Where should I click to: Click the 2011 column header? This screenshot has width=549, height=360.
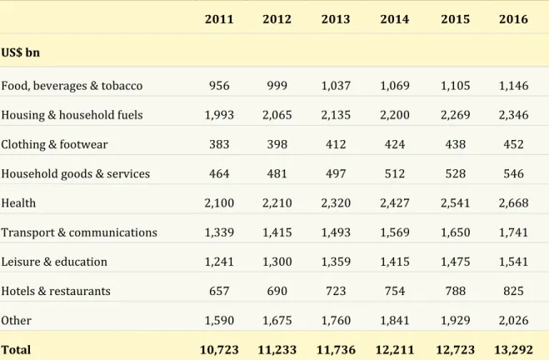click(x=219, y=19)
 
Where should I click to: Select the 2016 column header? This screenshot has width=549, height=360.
click(x=513, y=19)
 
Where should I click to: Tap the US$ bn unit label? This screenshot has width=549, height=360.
click(x=20, y=52)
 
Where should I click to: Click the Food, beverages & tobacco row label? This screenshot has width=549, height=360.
click(x=72, y=86)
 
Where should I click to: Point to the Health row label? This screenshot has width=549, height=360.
click(x=18, y=203)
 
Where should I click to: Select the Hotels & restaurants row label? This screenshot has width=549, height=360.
click(x=56, y=291)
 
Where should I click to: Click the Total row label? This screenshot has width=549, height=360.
click(x=16, y=350)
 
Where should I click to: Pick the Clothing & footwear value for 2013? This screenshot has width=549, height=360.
click(x=336, y=144)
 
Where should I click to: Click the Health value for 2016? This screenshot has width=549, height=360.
click(x=513, y=203)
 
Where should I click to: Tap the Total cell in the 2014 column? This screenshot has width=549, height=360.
click(x=395, y=350)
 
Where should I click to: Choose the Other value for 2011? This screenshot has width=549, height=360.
click(x=219, y=321)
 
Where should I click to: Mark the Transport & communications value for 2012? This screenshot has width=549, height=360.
click(x=277, y=232)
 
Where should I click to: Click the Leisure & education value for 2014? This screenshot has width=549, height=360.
click(x=395, y=262)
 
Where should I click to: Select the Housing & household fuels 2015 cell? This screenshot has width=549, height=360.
click(x=455, y=115)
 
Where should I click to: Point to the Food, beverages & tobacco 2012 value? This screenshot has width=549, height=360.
click(x=277, y=86)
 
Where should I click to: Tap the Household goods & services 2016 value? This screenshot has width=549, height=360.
click(x=513, y=173)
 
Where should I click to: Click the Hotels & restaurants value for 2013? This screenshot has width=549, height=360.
click(x=336, y=291)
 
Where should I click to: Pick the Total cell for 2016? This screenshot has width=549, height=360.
click(x=513, y=350)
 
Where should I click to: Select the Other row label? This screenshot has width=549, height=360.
click(x=16, y=321)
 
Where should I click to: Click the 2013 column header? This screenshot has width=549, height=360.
click(x=336, y=19)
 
